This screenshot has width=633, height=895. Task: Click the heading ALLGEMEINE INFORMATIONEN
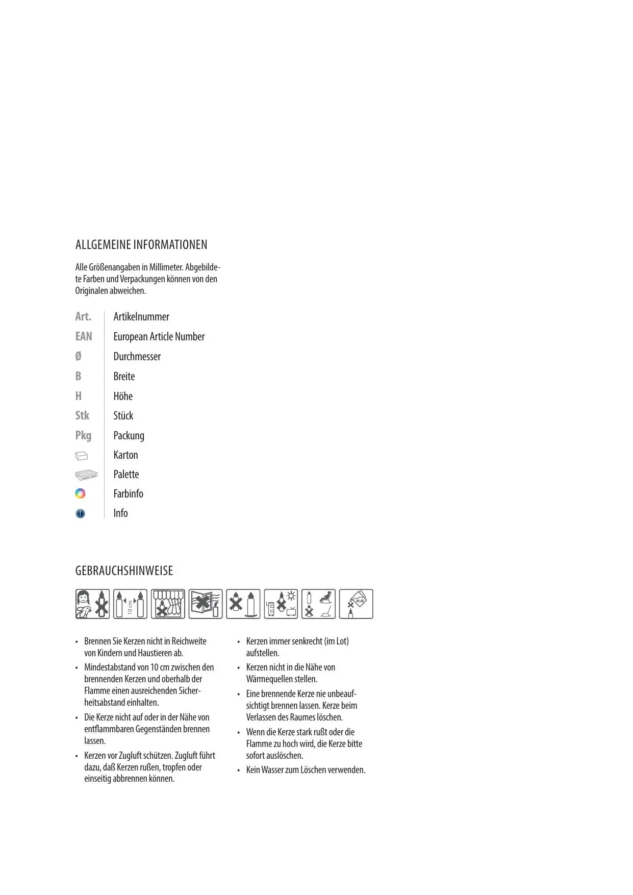point(141,245)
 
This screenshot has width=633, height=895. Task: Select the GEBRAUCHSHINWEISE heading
point(124,571)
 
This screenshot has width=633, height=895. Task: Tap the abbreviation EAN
point(84,336)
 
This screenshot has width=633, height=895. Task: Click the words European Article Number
point(159,337)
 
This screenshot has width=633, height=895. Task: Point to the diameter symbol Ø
point(78,356)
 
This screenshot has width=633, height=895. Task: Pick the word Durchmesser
point(137,357)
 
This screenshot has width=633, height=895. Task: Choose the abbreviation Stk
point(82,415)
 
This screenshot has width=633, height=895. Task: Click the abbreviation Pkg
point(83,435)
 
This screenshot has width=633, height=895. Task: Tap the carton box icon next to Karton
point(82,455)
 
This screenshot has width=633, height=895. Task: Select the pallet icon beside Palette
point(86,475)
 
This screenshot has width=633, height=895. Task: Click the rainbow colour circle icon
point(80,494)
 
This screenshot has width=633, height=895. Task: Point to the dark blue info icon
point(80,513)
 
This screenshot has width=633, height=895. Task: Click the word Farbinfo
point(128,494)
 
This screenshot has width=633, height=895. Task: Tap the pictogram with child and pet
point(92,604)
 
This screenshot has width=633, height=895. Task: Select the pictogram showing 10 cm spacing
point(130,604)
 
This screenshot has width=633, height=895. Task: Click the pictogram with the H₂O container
point(356,604)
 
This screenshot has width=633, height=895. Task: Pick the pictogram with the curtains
point(168,604)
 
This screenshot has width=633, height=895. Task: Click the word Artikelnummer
point(141,317)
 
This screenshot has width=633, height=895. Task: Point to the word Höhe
point(123,396)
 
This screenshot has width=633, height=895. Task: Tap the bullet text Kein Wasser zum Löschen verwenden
point(306,770)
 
